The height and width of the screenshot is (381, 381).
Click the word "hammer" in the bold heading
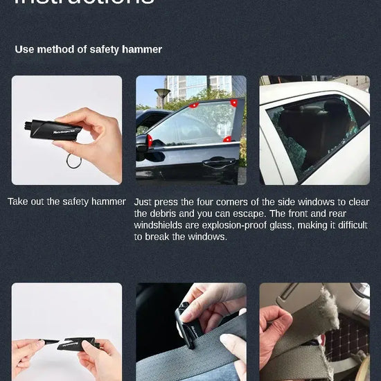click(x=143, y=49)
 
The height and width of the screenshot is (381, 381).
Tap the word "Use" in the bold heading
click(x=25, y=49)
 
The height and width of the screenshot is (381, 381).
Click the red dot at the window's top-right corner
click(x=234, y=103)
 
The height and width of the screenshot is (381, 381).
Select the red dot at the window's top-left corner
click(x=194, y=105)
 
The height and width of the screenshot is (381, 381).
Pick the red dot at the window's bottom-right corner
click(x=228, y=139)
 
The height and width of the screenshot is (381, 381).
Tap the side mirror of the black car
click(x=142, y=142)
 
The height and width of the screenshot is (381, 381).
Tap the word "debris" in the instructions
click(x=169, y=213)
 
